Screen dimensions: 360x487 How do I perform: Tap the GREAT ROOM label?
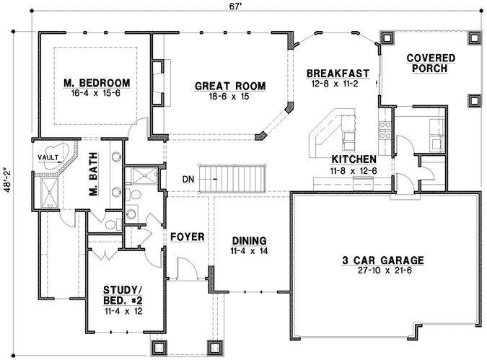point(230,87)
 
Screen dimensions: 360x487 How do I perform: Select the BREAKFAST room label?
point(338,74)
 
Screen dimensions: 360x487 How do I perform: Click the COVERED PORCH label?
point(431,63)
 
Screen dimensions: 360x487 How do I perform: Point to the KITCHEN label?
point(352,159)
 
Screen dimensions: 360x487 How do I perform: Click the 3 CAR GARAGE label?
point(382,260)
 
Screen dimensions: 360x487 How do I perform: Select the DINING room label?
point(249,240)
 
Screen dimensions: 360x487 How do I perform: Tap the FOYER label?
point(187,237)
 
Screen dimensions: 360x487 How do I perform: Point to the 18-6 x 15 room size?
point(230,97)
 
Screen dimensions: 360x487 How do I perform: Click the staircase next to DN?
point(232,175)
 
